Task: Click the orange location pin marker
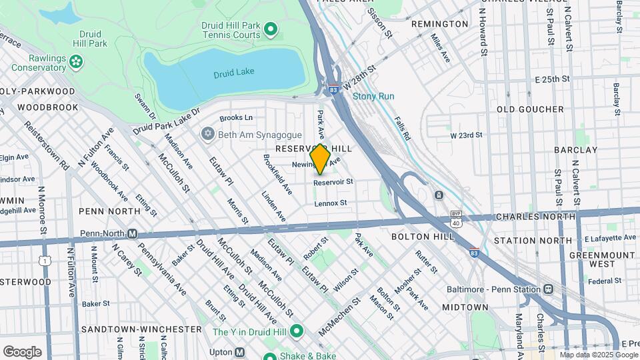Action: pos(320,159)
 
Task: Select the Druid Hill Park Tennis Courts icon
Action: pos(270,29)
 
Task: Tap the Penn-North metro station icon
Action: pos(132,233)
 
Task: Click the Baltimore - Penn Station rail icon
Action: pos(548,289)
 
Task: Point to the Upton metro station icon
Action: pos(239,352)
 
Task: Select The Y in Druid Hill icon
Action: pos(297,331)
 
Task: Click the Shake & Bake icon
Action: pos(270,357)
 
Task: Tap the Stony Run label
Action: pos(373,96)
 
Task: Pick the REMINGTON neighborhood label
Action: pos(439,24)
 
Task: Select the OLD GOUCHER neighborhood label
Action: pos(530,109)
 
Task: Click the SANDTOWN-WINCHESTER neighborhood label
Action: pos(141,329)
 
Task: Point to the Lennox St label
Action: pos(331,203)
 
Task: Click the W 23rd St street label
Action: pos(466,135)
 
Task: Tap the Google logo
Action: pos(22,351)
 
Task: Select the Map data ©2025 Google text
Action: pos(598,355)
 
